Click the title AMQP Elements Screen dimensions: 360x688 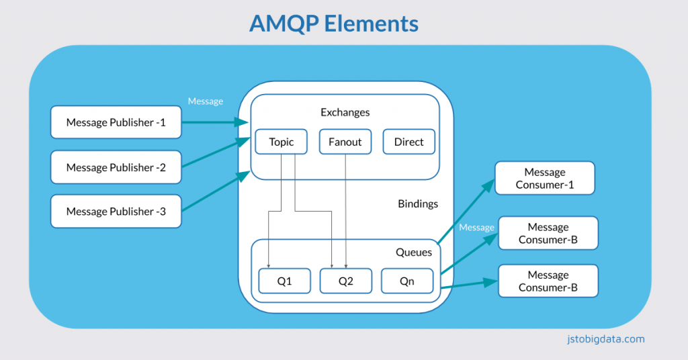[334, 24]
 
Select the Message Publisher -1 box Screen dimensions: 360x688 [116, 122]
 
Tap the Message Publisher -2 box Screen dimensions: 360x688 [116, 167]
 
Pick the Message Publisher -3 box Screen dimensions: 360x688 [116, 212]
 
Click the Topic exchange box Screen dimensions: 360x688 [282, 142]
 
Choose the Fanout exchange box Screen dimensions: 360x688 [345, 142]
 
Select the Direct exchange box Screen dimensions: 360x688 [408, 142]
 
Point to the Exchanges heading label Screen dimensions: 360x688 [345, 112]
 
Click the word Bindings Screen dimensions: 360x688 [417, 204]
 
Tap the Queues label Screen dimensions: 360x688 [413, 252]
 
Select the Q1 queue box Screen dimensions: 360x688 [285, 281]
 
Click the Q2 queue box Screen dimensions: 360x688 [345, 281]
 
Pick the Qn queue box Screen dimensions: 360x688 [407, 281]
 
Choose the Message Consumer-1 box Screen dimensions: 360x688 [545, 178]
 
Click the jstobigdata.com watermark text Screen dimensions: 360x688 [605, 339]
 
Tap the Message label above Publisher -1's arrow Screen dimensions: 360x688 [205, 101]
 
